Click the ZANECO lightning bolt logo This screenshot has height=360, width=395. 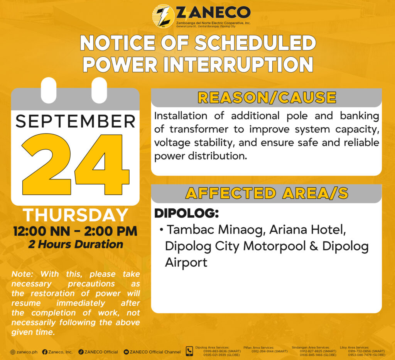163,16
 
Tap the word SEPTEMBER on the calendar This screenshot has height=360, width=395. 75,122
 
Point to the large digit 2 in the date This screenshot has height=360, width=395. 46,164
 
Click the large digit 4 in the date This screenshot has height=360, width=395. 102,164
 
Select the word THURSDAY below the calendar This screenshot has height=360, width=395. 76,215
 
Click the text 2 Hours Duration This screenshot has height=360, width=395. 76,244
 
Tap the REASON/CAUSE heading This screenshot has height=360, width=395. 267,98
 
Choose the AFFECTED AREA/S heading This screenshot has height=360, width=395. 267,193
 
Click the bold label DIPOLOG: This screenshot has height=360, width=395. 186,213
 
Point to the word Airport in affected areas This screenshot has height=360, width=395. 186,263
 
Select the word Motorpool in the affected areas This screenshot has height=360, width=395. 275,246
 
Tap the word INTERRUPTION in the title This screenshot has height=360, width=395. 238,64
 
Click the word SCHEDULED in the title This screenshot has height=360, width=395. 255,43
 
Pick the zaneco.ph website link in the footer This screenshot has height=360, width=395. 24,352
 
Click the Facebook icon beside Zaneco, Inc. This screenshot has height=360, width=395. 45,352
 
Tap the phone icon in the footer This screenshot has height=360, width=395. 189,351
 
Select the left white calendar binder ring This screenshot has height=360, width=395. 48,90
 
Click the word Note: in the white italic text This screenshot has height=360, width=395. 22,274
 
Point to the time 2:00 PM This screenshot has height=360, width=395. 111,231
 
